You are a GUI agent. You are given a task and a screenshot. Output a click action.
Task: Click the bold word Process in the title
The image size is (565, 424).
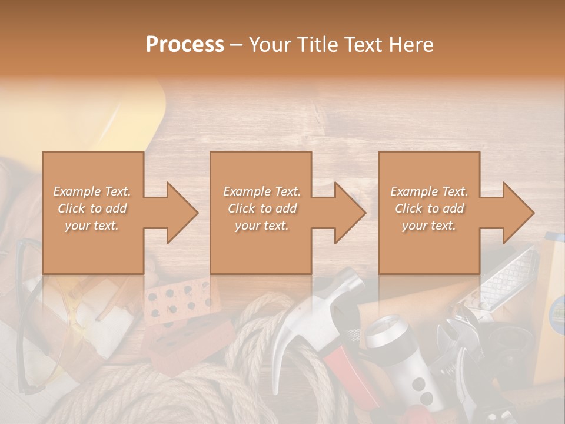pos(185,45)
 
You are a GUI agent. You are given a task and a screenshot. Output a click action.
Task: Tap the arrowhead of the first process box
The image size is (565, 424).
pos(180,213)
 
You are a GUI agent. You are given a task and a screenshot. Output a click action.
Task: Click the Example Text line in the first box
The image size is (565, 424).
pos(92,191)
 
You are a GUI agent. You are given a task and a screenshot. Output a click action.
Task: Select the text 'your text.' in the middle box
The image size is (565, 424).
pos(261,226)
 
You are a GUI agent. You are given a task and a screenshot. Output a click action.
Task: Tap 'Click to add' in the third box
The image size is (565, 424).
pos(429,208)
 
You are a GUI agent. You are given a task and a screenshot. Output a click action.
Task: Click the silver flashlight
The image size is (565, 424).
pos(400,359)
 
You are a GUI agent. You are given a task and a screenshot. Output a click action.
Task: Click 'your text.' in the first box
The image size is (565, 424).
pos(92,226)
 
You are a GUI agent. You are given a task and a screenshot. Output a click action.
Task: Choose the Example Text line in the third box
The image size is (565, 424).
pos(429,191)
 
